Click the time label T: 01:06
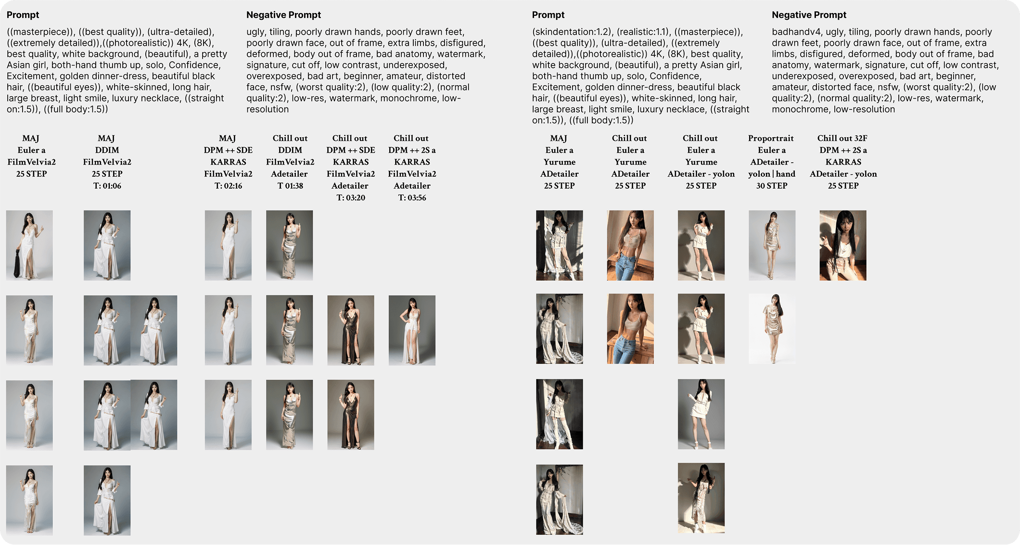coord(107,186)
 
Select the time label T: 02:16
coord(228,186)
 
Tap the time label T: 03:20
coord(350,197)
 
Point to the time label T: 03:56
coord(412,197)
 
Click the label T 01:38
coord(290,186)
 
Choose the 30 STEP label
coord(771,186)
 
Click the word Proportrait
coord(771,138)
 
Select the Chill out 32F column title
coord(842,138)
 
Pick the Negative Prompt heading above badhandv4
coord(809,15)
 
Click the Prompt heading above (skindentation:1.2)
coord(548,15)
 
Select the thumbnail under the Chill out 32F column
coord(842,245)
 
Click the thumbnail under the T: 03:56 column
coord(412,330)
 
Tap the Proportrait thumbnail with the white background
coord(772,328)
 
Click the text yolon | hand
coord(771,174)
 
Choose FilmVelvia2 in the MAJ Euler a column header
coord(31,162)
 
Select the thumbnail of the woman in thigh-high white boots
coord(559,414)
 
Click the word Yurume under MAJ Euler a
coord(559,162)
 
